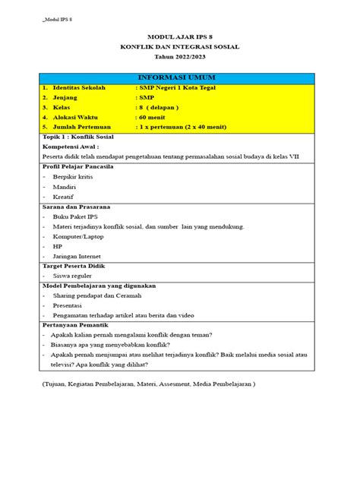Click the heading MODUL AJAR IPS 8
(x=179, y=36)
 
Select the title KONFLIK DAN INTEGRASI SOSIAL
(x=179, y=46)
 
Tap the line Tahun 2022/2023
(x=179, y=58)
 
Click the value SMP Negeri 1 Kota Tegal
(x=171, y=88)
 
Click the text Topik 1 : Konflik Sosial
(x=76, y=137)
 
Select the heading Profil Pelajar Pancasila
(x=78, y=166)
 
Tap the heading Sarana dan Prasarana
(x=77, y=206)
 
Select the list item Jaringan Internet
(x=79, y=255)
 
